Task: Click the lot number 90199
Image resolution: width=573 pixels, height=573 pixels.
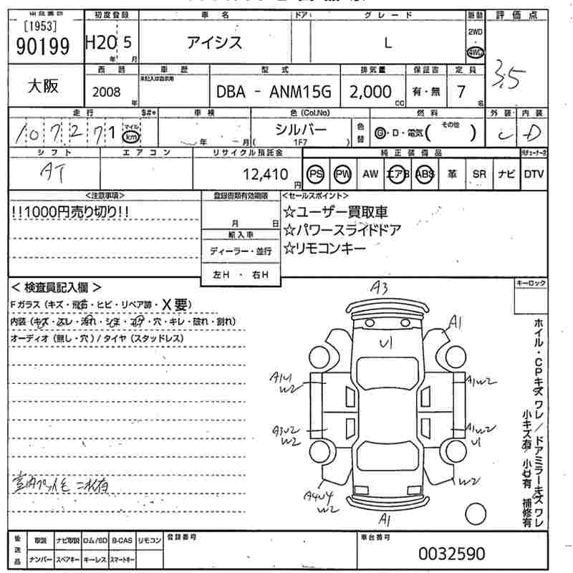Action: pyautogui.click(x=42, y=46)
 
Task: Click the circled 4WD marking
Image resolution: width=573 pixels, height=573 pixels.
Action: pyautogui.click(x=475, y=52)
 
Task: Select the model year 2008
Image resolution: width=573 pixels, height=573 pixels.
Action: pyautogui.click(x=107, y=92)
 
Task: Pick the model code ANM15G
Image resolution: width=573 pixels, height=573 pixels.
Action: pyautogui.click(x=302, y=92)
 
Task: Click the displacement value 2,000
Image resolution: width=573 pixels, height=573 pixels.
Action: pyautogui.click(x=370, y=92)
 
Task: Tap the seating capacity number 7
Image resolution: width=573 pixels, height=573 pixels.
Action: pyautogui.click(x=461, y=91)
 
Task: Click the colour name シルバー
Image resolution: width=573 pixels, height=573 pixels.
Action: pyautogui.click(x=301, y=130)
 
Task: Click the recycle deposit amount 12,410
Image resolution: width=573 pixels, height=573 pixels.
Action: pyautogui.click(x=266, y=174)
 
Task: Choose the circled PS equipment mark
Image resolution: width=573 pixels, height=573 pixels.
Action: pyautogui.click(x=316, y=174)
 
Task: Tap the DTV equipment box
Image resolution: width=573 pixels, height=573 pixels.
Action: pyautogui.click(x=534, y=174)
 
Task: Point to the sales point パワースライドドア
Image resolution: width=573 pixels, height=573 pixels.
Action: pyautogui.click(x=342, y=230)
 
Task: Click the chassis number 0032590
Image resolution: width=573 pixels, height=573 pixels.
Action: pyautogui.click(x=451, y=554)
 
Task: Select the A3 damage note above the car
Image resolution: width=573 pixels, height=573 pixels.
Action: pyautogui.click(x=379, y=288)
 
